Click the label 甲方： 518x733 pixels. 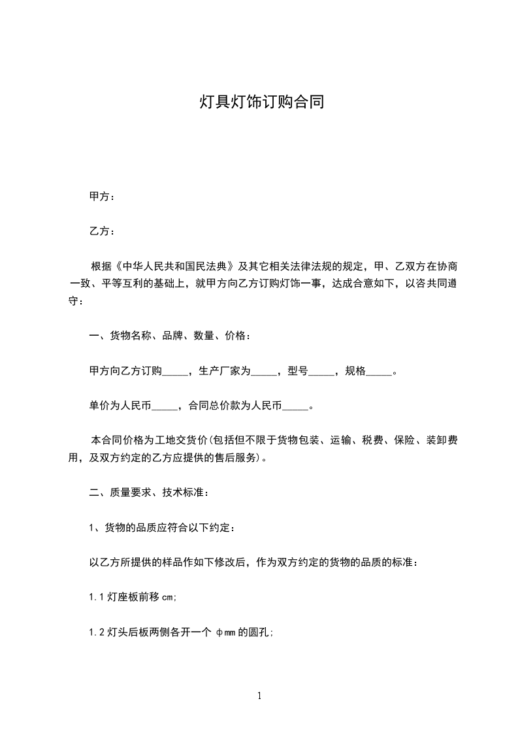102,196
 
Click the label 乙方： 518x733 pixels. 102,231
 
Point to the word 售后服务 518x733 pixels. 238,458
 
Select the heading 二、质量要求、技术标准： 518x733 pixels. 149,493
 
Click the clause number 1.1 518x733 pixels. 97,597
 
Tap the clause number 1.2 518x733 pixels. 97,632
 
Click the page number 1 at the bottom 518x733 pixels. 259,696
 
